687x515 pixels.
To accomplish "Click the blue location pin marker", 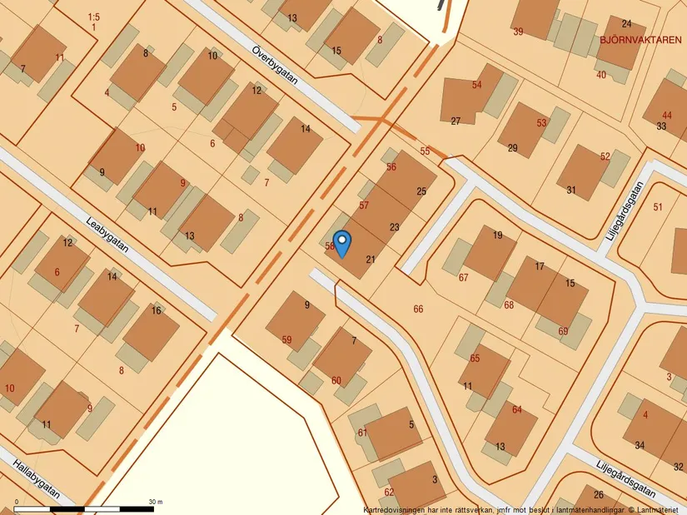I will [341, 241].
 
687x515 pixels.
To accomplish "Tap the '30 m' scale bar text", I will [156, 502].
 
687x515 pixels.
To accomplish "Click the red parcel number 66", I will [418, 309].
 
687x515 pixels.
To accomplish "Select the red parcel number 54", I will [477, 85].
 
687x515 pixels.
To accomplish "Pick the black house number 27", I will [456, 121].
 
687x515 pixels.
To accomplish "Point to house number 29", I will [512, 148].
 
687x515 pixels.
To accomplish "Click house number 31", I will [571, 190].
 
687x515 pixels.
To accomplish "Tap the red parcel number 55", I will [426, 151].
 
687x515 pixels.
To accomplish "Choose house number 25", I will [421, 191].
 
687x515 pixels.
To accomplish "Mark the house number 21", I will [371, 260].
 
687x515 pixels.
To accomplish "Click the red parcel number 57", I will [364, 205].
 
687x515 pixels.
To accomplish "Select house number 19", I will [498, 235].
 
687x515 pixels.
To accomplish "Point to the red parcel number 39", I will [519, 32].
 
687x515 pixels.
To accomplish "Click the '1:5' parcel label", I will [93, 17].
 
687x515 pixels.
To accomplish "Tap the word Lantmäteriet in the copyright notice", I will [658, 509].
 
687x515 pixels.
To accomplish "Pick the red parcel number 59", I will [287, 339].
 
